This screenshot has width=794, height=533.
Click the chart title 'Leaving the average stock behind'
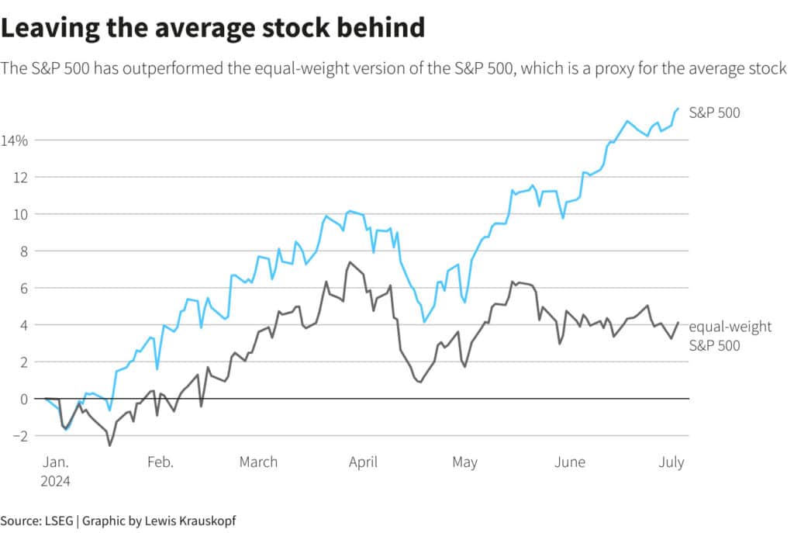tap(212, 29)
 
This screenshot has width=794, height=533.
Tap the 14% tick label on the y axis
tap(14, 140)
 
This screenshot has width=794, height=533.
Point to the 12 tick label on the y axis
tap(20, 177)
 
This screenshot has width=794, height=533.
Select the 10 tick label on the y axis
tap(20, 214)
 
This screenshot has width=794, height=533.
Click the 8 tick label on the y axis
tap(23, 251)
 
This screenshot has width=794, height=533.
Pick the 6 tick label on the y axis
tap(23, 288)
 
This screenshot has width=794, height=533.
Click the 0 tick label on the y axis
tap(23, 399)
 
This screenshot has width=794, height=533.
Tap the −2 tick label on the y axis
tap(19, 436)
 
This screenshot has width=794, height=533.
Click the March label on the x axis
tap(258, 462)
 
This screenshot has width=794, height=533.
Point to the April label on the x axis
tap(363, 462)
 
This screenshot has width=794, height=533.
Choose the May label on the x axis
tap(464, 462)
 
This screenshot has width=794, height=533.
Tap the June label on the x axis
tap(570, 462)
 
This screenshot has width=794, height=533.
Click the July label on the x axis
tap(671, 462)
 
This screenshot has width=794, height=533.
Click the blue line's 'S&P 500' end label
tap(714, 113)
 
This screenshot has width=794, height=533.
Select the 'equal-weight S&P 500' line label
tap(730, 336)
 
